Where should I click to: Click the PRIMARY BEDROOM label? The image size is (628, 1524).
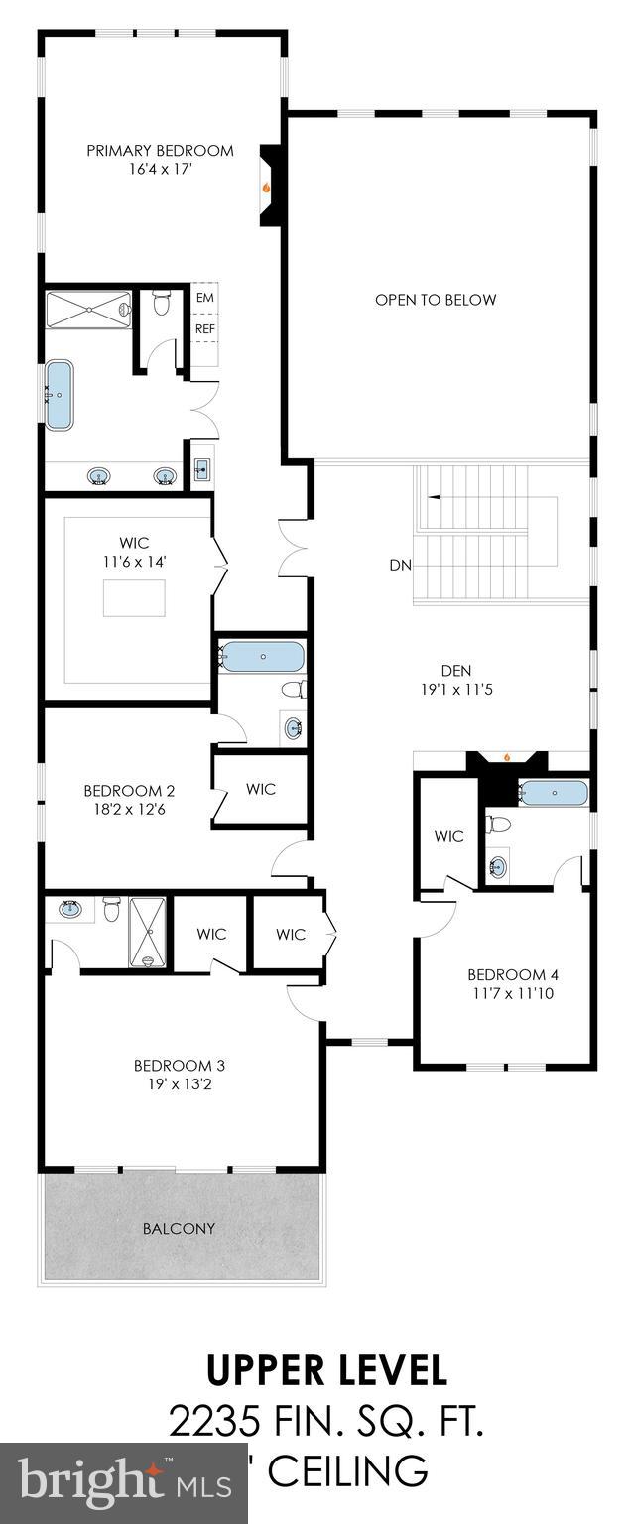pyautogui.click(x=160, y=151)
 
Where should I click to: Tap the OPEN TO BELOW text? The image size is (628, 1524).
pyautogui.click(x=436, y=300)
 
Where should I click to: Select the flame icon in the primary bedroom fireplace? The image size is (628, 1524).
pyautogui.click(x=265, y=186)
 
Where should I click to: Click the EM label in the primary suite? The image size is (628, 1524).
pyautogui.click(x=204, y=298)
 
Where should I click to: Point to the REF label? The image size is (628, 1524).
pyautogui.click(x=204, y=329)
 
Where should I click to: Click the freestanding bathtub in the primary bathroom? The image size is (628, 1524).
pyautogui.click(x=60, y=395)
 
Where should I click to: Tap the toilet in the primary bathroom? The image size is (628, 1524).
pyautogui.click(x=162, y=303)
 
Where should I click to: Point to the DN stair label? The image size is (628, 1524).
pyautogui.click(x=400, y=566)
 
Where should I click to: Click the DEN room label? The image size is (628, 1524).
pyautogui.click(x=455, y=669)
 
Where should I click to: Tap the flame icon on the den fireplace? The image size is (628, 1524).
pyautogui.click(x=506, y=757)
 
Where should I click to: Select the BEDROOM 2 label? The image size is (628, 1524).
pyautogui.click(x=129, y=791)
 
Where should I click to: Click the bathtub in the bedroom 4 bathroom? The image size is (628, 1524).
pyautogui.click(x=553, y=793)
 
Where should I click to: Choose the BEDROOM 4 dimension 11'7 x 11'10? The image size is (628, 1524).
pyautogui.click(x=507, y=991)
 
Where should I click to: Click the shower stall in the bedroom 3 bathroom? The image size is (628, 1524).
pyautogui.click(x=148, y=932)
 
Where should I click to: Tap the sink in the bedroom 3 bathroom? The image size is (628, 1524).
pyautogui.click(x=70, y=907)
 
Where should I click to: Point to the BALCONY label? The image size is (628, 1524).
pyautogui.click(x=179, y=1228)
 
